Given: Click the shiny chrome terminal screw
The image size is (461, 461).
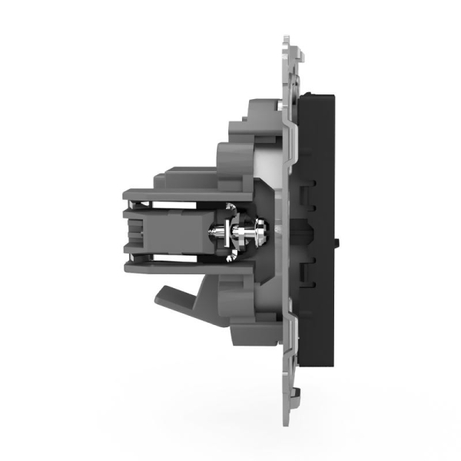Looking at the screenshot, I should point(244,229).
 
